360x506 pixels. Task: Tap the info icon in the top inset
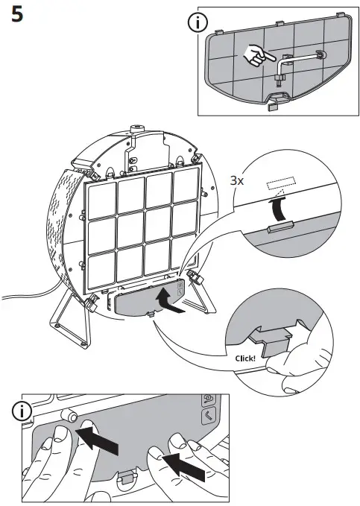(218, 22)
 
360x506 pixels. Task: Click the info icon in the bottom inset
(27, 411)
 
